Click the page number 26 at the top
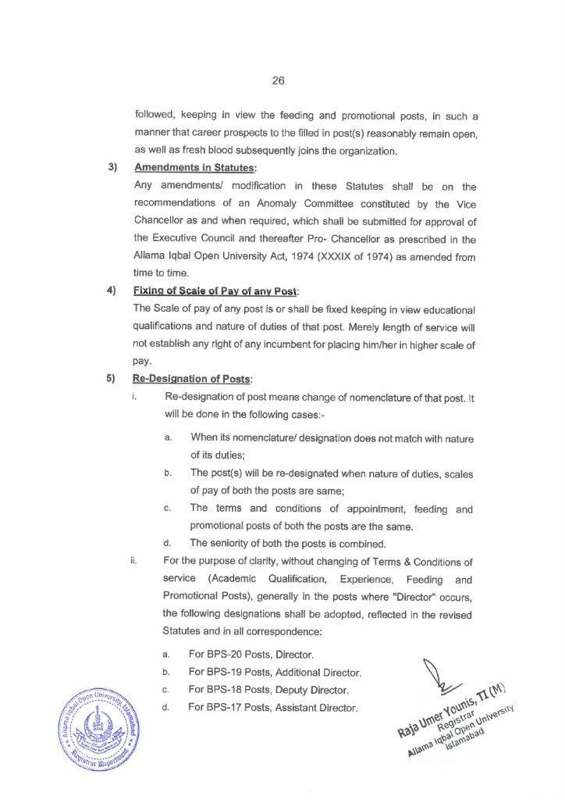(x=279, y=80)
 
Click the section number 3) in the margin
(x=112, y=167)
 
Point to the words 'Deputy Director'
(x=316, y=691)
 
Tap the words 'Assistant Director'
(x=321, y=709)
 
